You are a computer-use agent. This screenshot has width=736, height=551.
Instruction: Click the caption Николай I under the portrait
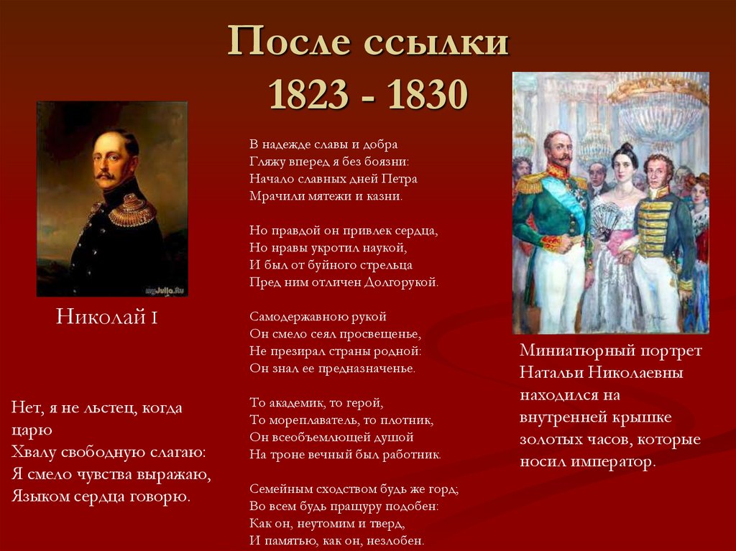tap(107, 317)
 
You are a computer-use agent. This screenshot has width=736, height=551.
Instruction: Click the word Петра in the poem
tap(402, 178)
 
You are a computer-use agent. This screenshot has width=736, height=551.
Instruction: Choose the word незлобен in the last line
tap(400, 540)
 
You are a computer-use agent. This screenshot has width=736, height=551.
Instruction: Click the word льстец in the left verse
tap(109, 408)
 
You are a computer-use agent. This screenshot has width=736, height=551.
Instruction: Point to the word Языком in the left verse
tap(35, 496)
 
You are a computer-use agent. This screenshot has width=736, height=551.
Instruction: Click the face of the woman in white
tap(623, 167)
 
